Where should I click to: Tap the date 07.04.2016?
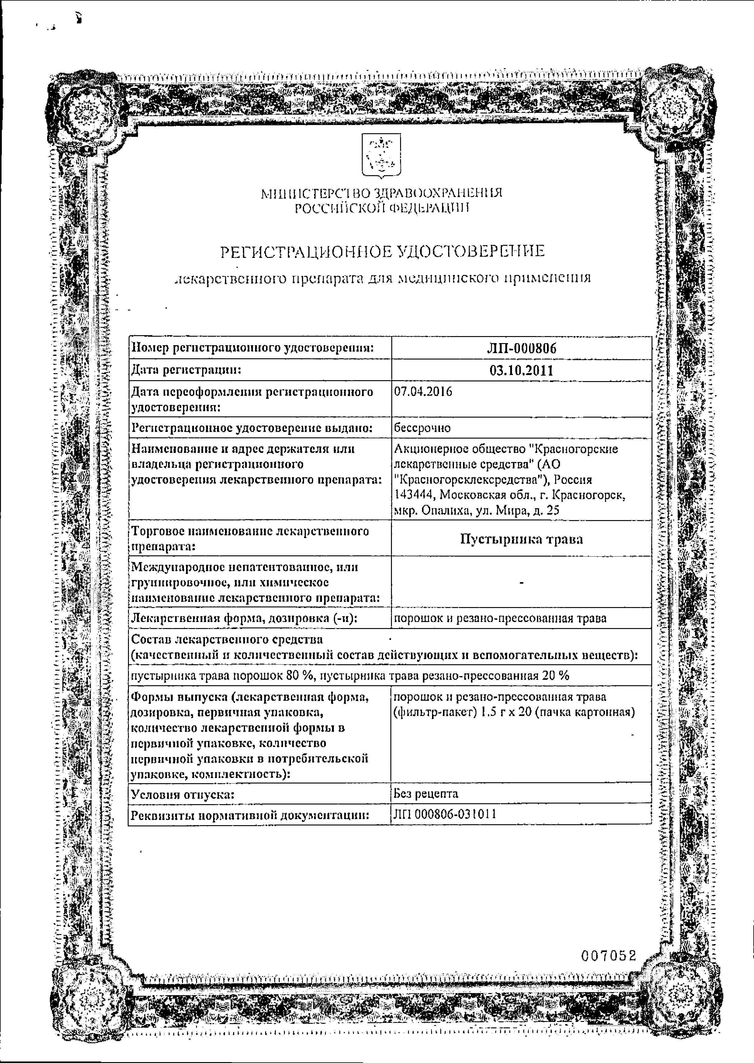click(423, 391)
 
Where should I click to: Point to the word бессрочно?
click(422, 428)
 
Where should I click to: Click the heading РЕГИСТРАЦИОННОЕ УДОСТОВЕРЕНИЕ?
click(382, 251)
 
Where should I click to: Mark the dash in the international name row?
click(522, 582)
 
